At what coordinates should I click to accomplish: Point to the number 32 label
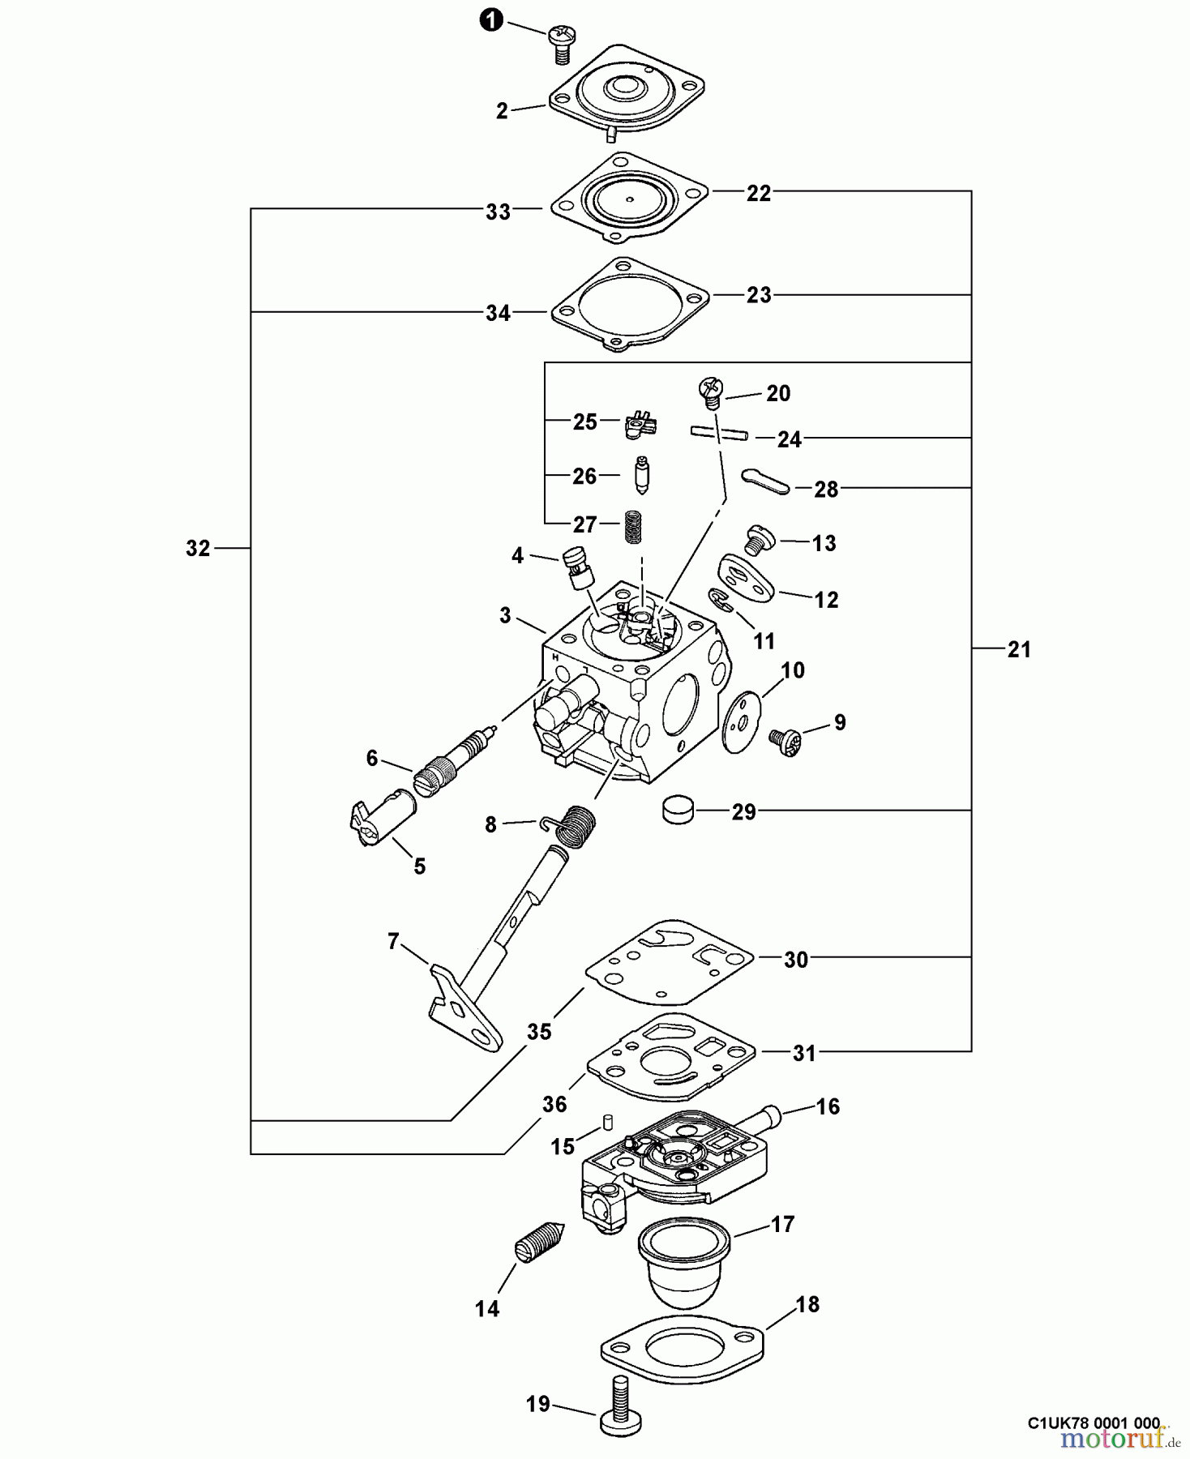pyautogui.click(x=198, y=549)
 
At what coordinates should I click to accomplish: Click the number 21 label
pyautogui.click(x=1019, y=648)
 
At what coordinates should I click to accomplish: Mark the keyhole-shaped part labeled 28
pyautogui.click(x=764, y=479)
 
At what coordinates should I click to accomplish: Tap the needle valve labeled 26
pyautogui.click(x=640, y=476)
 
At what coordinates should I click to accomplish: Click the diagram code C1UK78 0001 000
pyautogui.click(x=1094, y=1423)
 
